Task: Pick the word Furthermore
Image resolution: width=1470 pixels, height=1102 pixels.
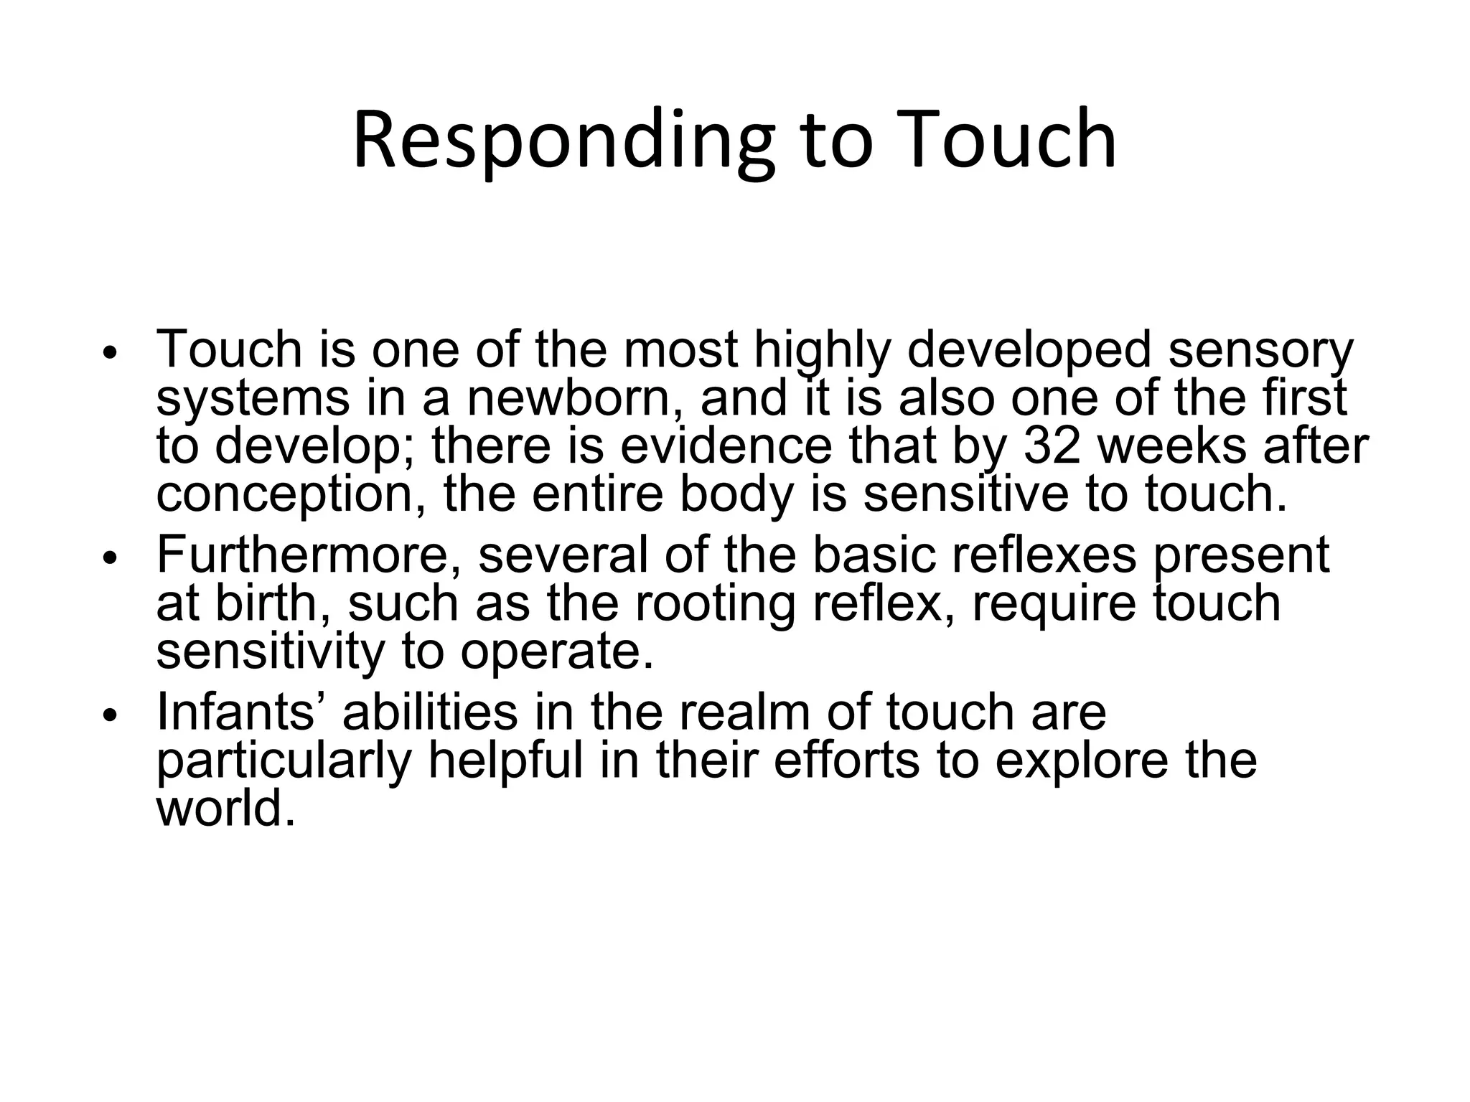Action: (309, 554)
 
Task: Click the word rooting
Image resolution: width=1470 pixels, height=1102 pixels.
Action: (715, 603)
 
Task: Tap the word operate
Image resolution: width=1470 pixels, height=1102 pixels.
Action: (557, 651)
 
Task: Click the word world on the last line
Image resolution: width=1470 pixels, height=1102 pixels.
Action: (225, 808)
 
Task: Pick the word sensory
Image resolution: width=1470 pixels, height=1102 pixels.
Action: (1260, 349)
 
